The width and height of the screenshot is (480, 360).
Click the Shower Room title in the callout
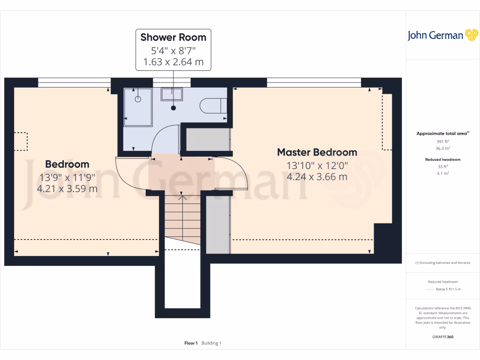point(173,37)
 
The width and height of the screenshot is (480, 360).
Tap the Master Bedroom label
point(317,152)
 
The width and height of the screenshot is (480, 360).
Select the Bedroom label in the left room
point(67,164)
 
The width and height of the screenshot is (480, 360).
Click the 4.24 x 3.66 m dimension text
point(317,177)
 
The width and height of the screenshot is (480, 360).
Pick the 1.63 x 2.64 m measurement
point(173,61)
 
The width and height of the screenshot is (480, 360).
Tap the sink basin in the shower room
point(172,94)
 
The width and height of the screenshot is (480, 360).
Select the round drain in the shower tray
point(138,99)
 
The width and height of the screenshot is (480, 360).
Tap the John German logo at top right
point(442,35)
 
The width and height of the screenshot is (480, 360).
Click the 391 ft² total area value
point(442,141)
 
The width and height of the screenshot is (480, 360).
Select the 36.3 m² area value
point(442,148)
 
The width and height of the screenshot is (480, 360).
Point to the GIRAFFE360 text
point(442,337)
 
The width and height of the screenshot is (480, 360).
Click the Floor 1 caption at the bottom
point(191,343)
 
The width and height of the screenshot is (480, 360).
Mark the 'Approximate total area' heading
point(442,134)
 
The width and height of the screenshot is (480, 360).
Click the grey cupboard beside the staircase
point(217,225)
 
